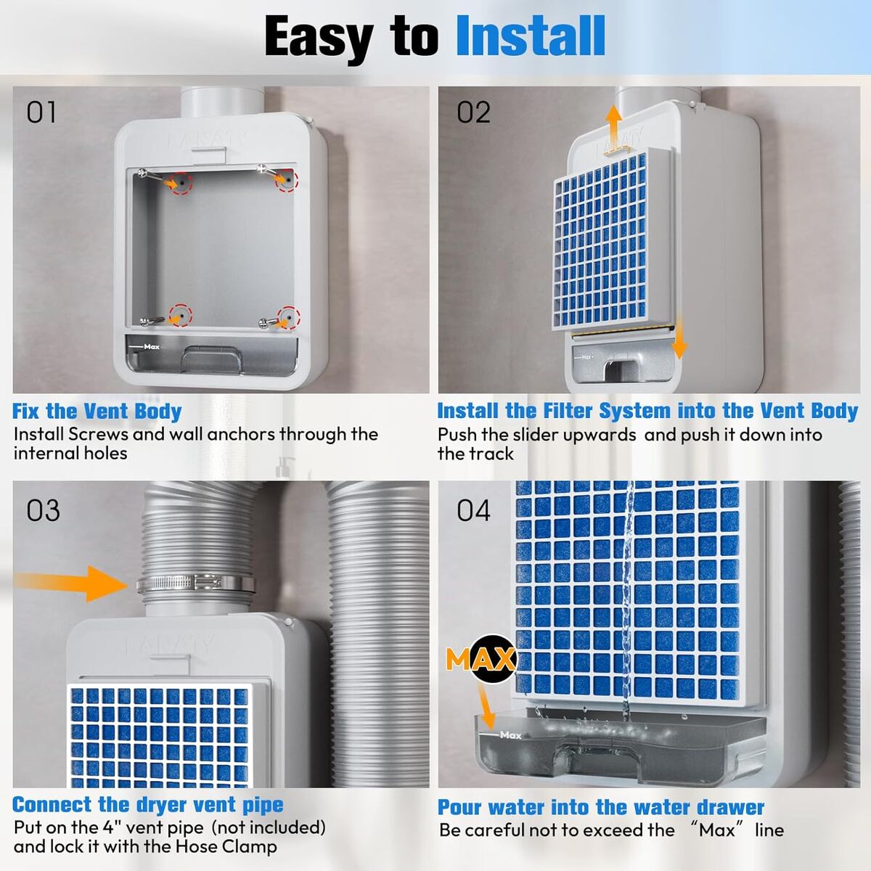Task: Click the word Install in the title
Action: click(530, 36)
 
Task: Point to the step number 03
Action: click(43, 511)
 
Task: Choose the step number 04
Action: click(473, 511)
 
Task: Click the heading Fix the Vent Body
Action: click(97, 412)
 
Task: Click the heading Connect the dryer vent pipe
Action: click(148, 804)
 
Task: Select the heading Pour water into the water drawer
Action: click(601, 807)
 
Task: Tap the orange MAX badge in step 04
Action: click(481, 660)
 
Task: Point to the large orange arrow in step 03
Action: click(70, 584)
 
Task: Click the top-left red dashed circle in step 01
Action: click(181, 184)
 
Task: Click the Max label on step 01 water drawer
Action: click(152, 347)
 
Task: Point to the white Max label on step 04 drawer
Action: click(511, 735)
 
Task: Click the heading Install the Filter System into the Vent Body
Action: click(647, 412)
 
